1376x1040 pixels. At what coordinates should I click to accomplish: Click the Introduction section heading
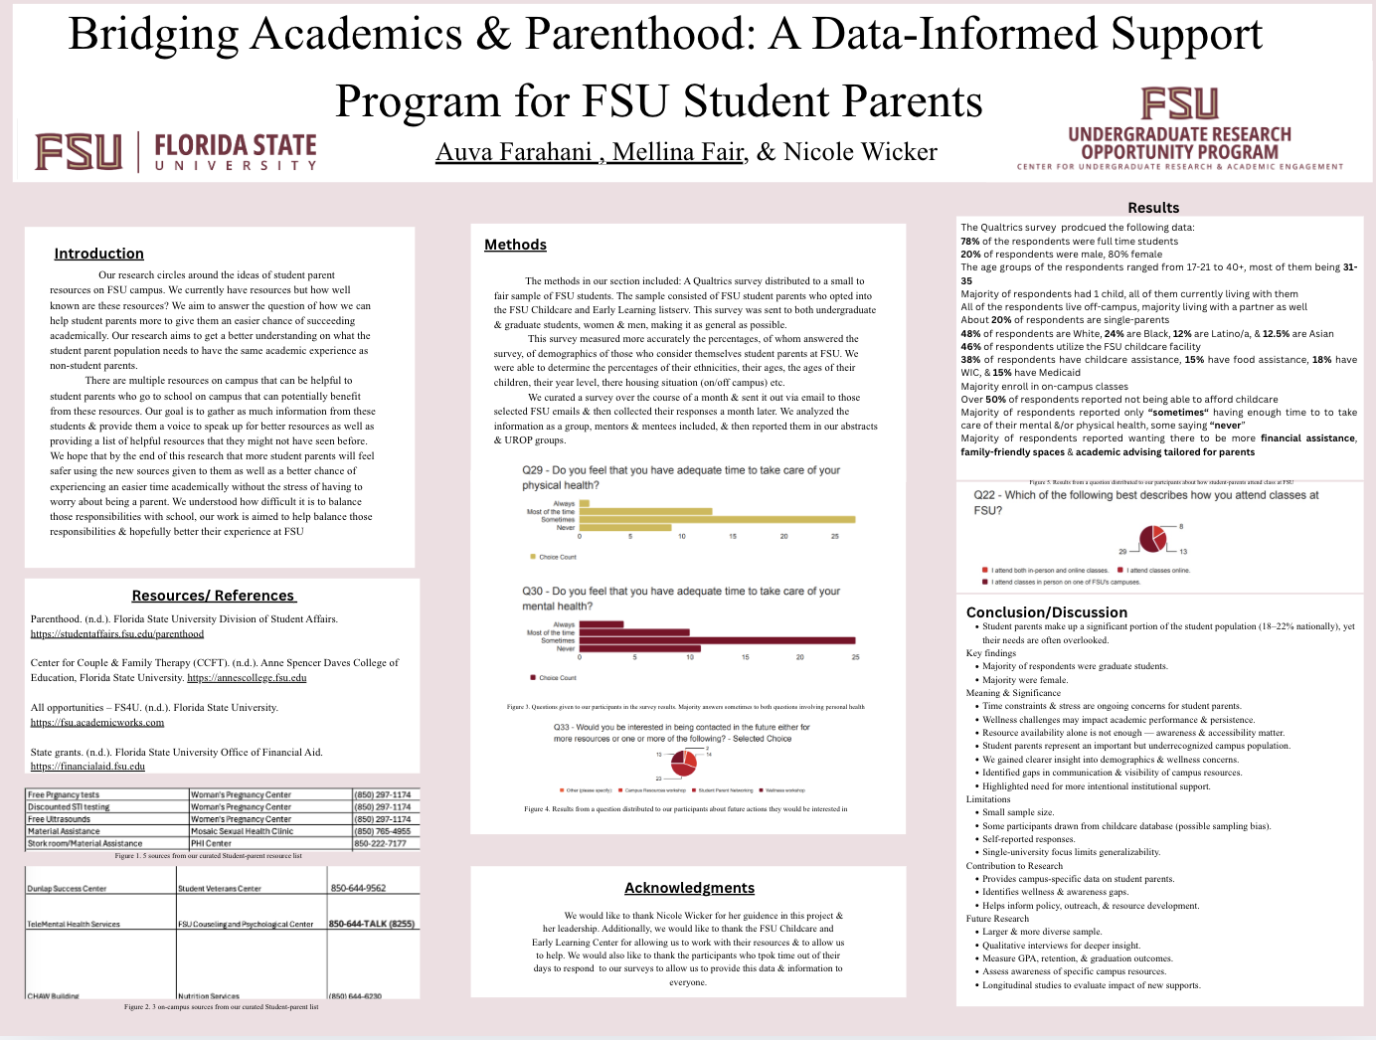[x=98, y=254]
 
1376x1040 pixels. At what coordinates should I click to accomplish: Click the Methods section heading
[x=515, y=245]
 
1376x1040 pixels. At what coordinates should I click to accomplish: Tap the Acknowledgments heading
[x=689, y=888]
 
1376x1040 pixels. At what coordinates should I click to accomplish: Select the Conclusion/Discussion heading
[x=1046, y=612]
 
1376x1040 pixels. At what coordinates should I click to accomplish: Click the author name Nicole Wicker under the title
[x=860, y=152]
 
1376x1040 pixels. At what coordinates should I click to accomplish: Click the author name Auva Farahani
[x=514, y=152]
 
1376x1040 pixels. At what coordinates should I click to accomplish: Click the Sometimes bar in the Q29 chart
[x=717, y=519]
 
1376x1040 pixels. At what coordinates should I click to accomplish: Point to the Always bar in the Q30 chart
[x=602, y=624]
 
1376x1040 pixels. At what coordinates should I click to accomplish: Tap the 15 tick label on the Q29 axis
[x=733, y=536]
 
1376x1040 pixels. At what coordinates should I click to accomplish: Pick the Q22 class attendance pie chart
[x=1152, y=538]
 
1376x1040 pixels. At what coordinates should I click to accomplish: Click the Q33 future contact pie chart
[x=684, y=763]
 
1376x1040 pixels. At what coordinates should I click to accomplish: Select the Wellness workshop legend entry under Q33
[x=783, y=790]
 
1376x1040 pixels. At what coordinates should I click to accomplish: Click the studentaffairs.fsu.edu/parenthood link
[x=116, y=633]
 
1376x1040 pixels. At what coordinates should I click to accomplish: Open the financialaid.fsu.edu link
[x=87, y=767]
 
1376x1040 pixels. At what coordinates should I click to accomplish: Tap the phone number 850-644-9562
[x=358, y=888]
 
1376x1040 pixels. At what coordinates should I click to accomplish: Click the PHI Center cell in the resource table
[x=212, y=843]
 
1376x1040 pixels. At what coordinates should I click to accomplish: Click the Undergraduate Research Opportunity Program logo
[x=1179, y=129]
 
